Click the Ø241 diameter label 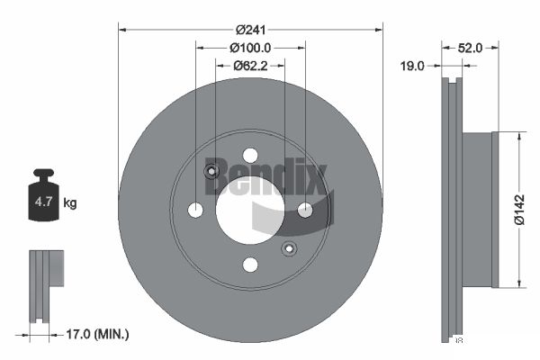251,30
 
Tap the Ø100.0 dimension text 250,48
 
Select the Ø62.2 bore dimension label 250,66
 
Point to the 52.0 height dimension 470,48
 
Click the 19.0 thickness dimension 412,66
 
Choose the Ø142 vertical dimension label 519,210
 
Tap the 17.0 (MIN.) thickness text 97,334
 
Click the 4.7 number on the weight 43,202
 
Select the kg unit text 70,202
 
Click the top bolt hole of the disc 250,156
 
